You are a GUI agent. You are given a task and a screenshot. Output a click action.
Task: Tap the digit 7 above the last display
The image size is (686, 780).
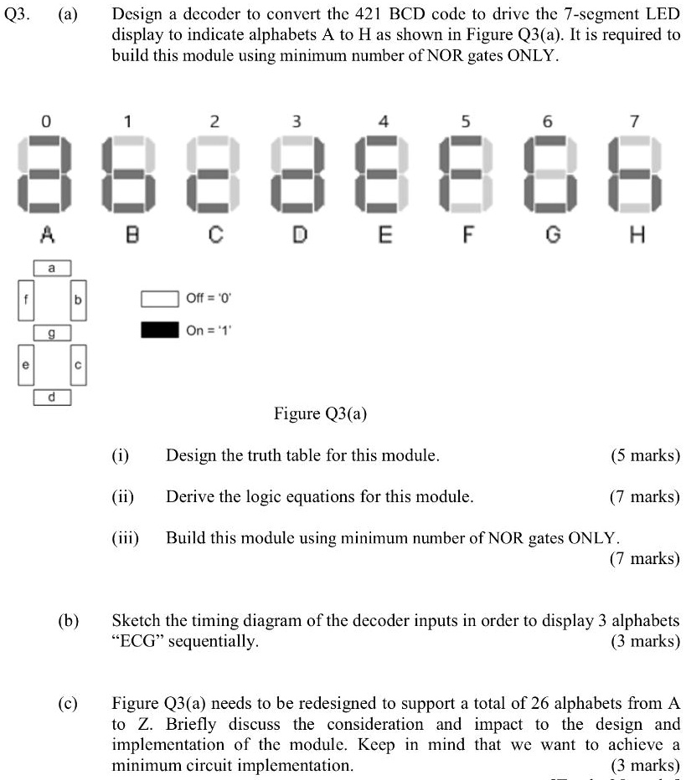click(635, 122)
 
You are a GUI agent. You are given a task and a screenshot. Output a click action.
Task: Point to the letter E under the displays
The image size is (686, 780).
click(384, 236)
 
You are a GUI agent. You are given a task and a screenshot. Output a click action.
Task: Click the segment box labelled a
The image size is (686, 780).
click(52, 268)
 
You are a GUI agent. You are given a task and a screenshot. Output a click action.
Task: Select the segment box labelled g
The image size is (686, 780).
click(52, 333)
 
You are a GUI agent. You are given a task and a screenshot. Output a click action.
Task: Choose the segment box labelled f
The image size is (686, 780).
click(25, 300)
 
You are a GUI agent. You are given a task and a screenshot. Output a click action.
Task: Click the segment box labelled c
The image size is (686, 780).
click(79, 365)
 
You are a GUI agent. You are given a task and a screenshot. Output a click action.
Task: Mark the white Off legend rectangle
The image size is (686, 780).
click(159, 299)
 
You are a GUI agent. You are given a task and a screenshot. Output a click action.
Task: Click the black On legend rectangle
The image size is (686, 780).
click(159, 330)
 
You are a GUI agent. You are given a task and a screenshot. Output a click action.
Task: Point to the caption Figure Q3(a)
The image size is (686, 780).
click(321, 413)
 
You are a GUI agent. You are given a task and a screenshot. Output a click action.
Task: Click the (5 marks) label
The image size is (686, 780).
click(646, 456)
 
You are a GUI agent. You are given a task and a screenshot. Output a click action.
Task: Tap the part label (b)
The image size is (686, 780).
click(69, 621)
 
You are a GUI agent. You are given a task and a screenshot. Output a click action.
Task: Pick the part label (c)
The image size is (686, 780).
click(69, 703)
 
